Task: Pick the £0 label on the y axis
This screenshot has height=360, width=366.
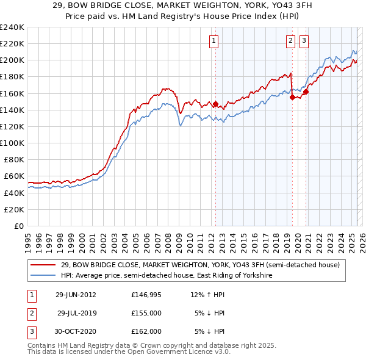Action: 19,226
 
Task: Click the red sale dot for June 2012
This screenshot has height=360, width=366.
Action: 215,104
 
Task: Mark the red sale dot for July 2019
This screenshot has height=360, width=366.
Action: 292,97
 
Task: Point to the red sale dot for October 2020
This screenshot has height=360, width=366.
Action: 306,92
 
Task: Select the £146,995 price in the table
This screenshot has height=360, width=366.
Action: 146,294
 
